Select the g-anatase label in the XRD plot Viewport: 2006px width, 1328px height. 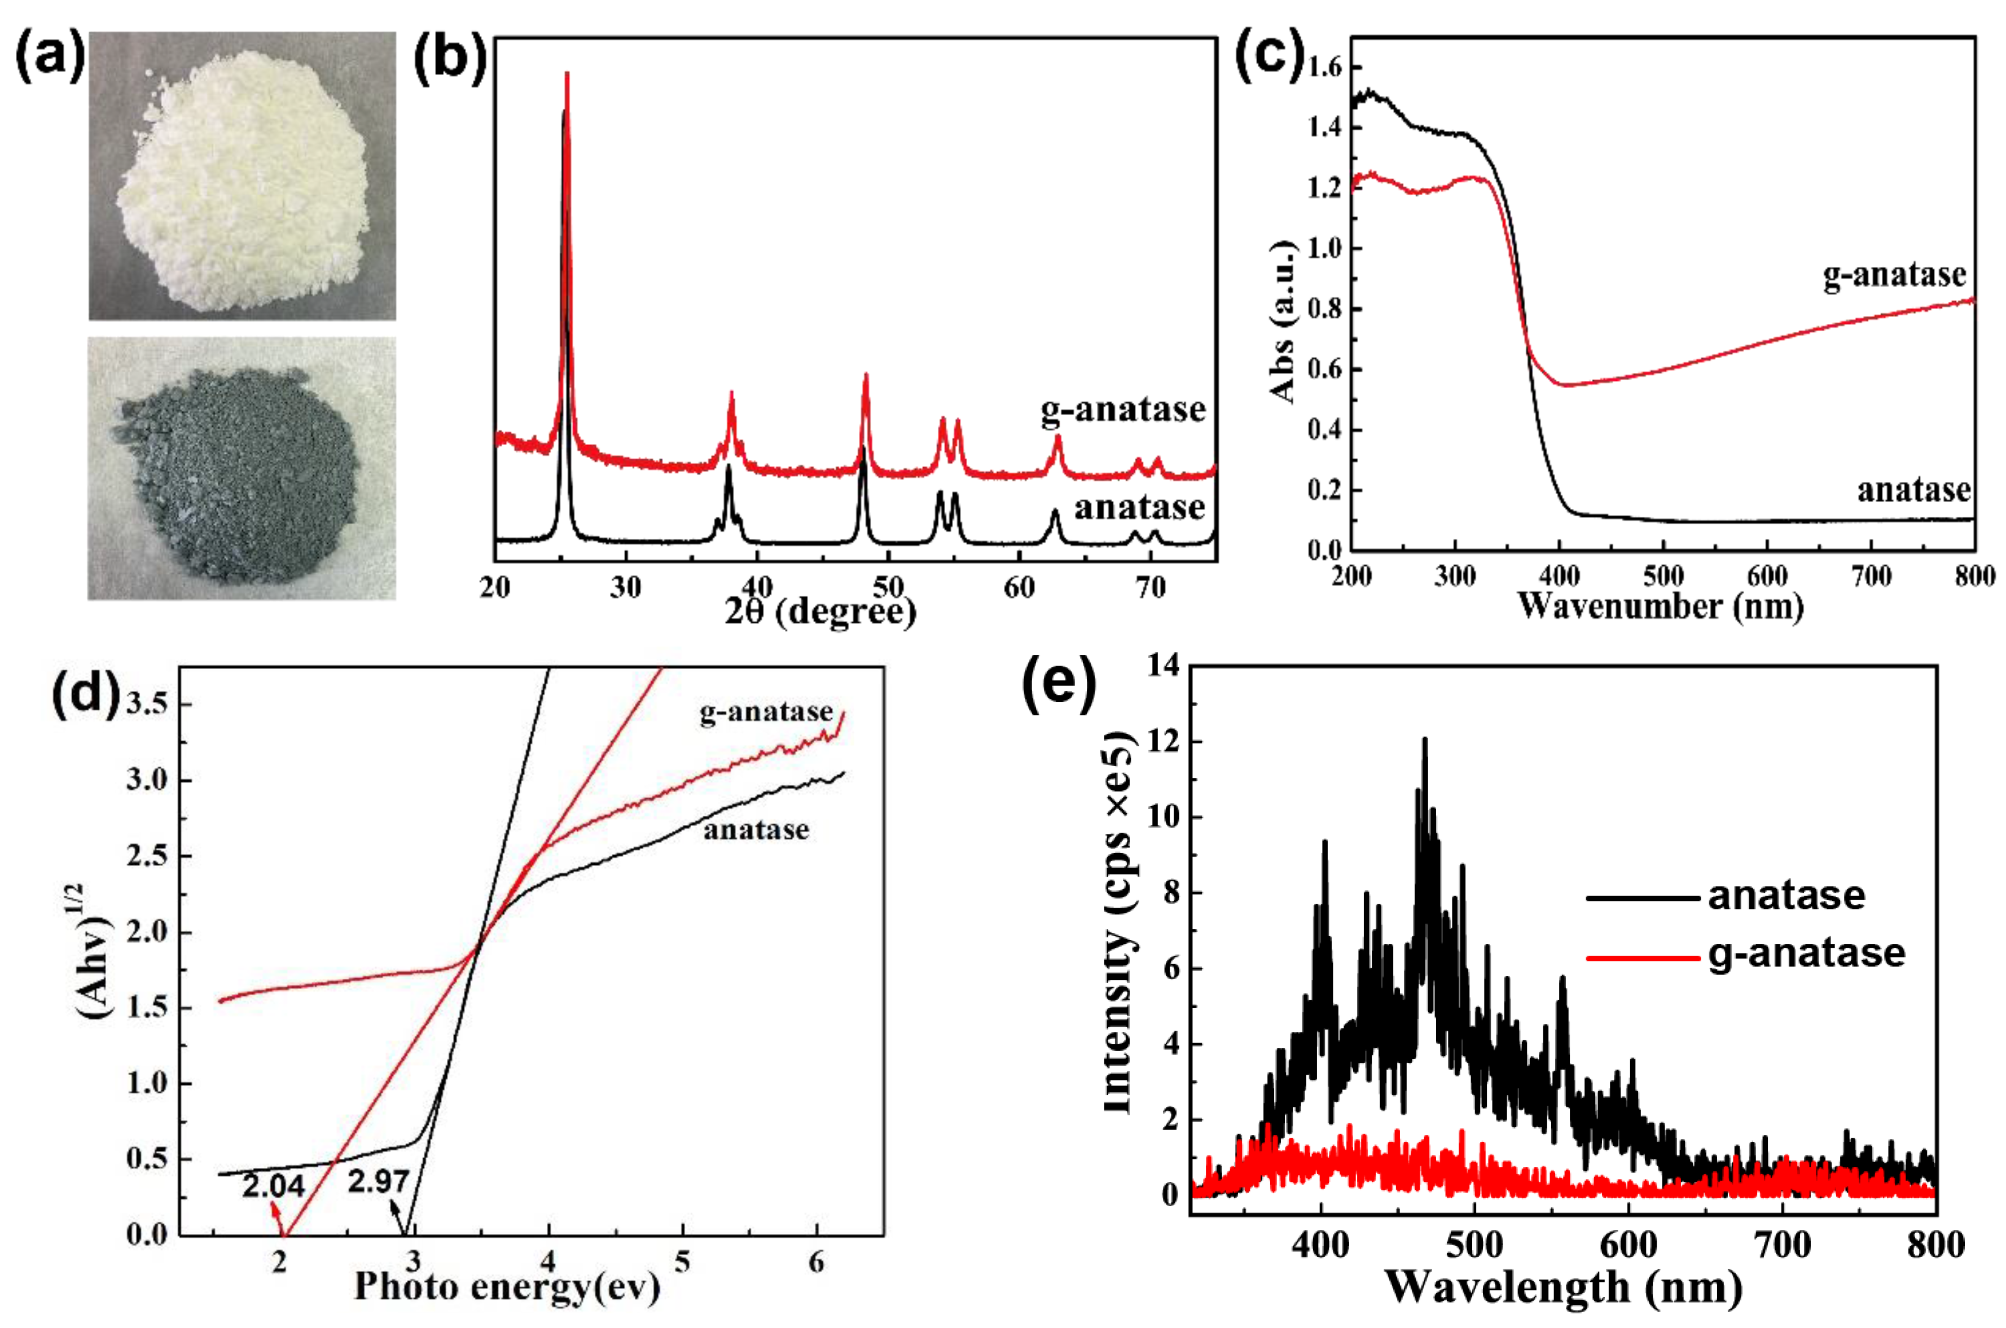click(1122, 410)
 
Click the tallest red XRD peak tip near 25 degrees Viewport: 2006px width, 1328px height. click(567, 74)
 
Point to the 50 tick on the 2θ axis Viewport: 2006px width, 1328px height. click(889, 587)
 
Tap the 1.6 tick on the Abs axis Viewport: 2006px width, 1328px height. click(1325, 68)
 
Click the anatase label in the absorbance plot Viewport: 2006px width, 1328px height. click(1913, 490)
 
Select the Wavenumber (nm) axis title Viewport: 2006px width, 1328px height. click(1660, 606)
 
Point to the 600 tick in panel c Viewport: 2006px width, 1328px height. click(1767, 577)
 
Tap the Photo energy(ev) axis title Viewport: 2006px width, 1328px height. click(507, 1286)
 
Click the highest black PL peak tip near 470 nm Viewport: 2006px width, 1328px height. click(1424, 740)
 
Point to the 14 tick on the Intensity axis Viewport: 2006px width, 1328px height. click(1163, 667)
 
